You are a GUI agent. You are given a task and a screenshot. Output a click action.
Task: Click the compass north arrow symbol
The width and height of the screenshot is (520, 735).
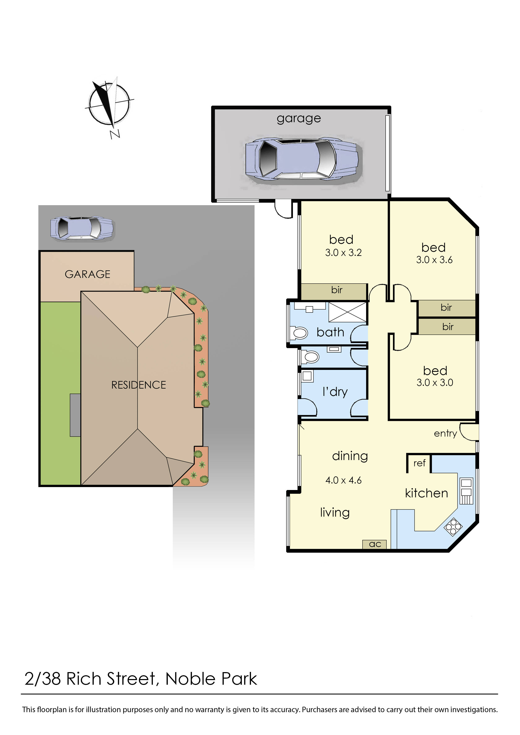(x=109, y=104)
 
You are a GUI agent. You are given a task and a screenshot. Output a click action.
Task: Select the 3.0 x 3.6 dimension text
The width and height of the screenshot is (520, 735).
(x=434, y=260)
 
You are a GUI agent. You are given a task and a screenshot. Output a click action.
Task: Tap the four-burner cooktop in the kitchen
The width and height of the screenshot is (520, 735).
(x=453, y=527)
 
